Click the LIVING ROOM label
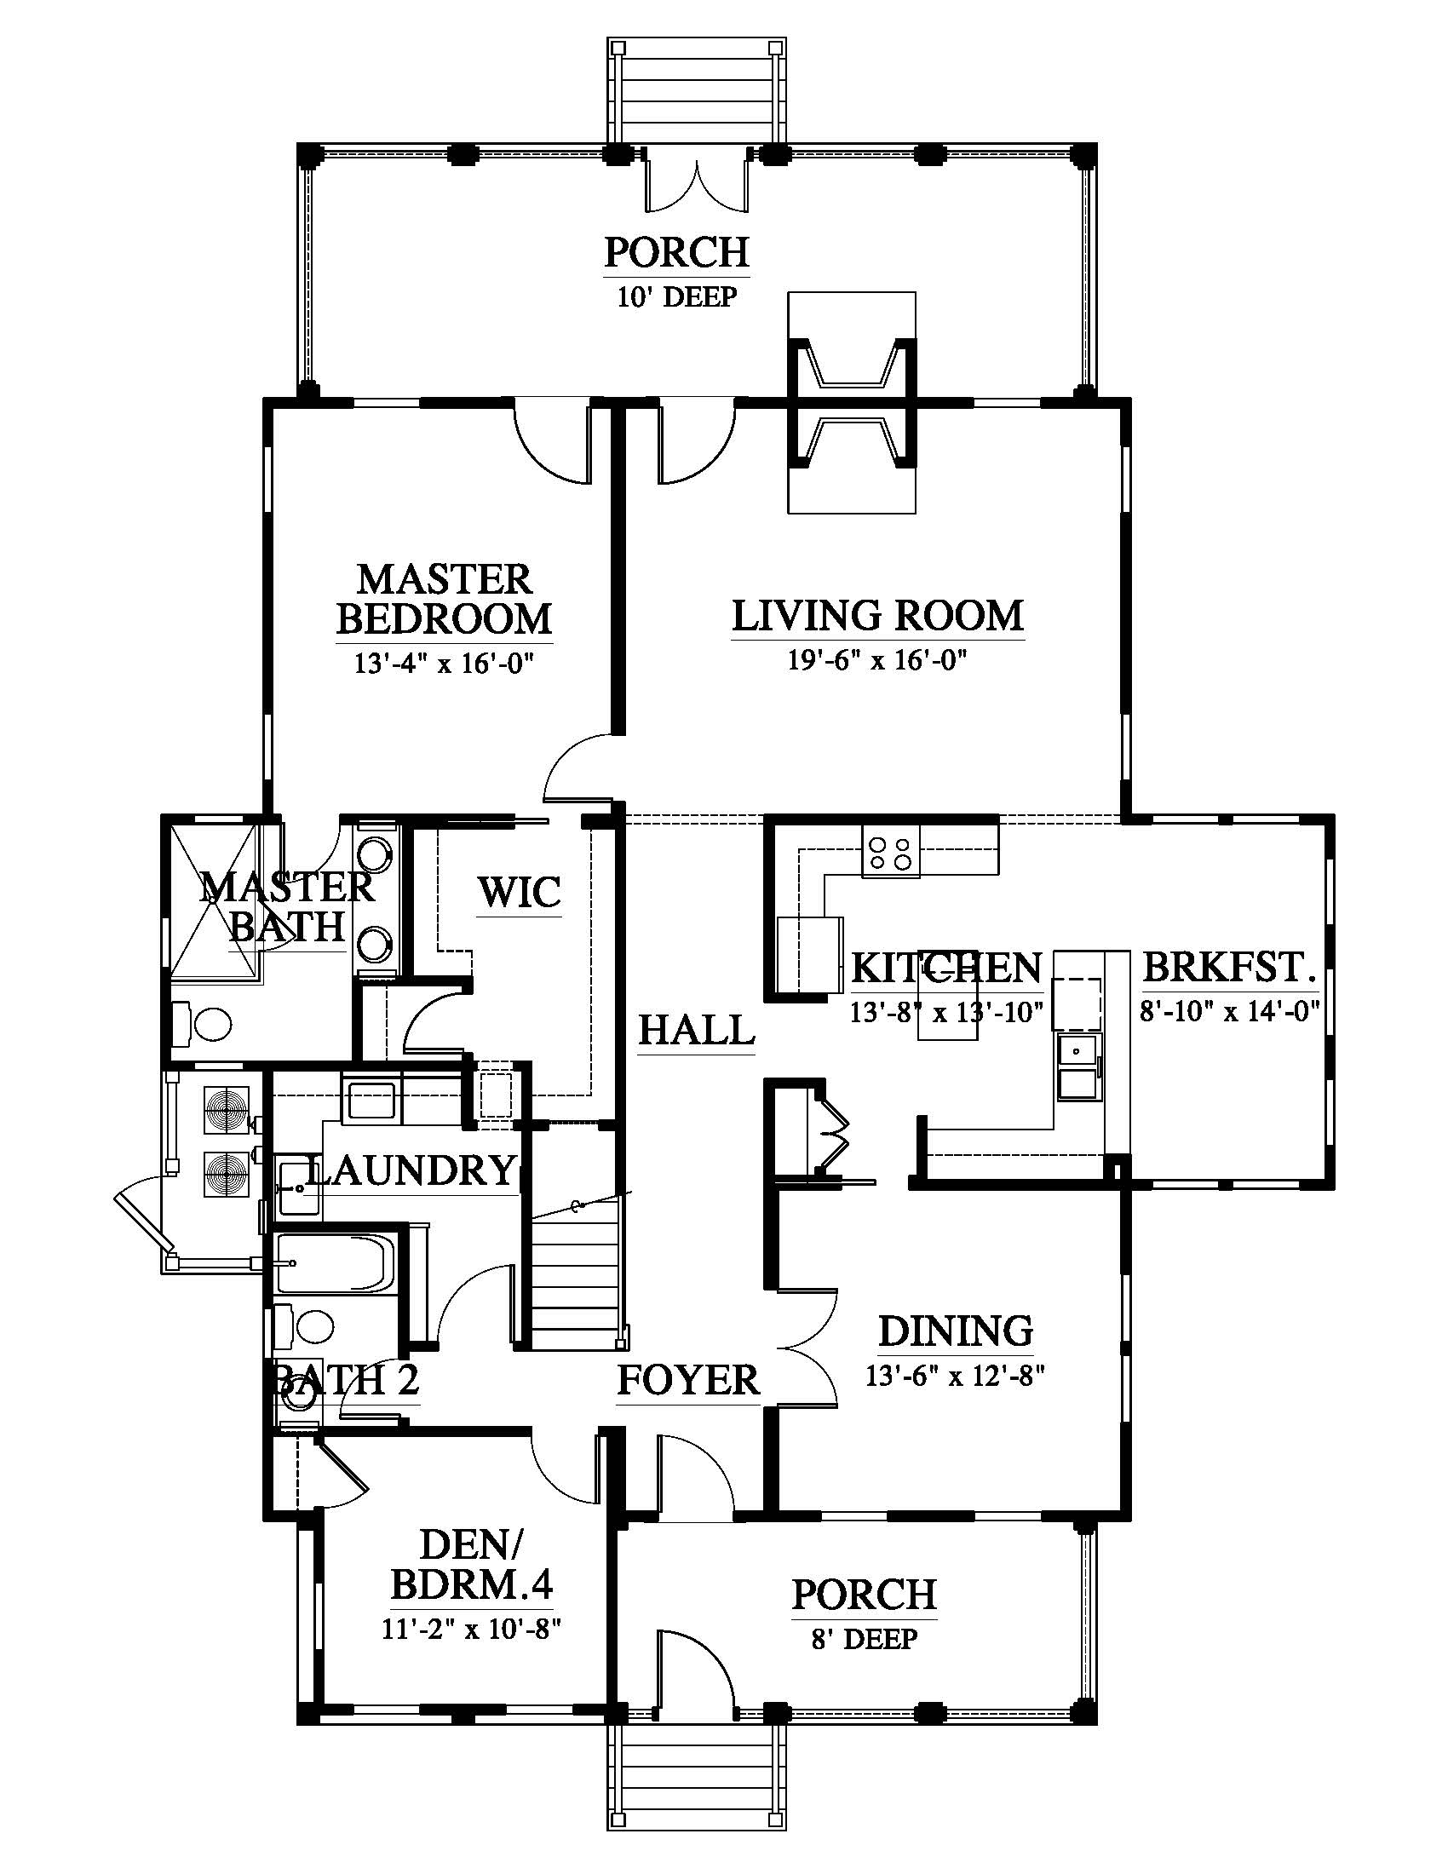pyautogui.click(x=877, y=616)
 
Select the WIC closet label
pyautogui.click(x=520, y=893)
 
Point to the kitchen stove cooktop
pyautogui.click(x=890, y=850)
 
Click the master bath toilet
pyautogui.click(x=206, y=1024)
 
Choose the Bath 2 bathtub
pyautogui.click(x=336, y=1263)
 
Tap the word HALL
pyautogui.click(x=697, y=1030)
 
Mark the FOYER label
pyautogui.click(x=688, y=1381)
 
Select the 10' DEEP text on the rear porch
pyautogui.click(x=677, y=298)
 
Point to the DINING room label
pyautogui.click(x=955, y=1331)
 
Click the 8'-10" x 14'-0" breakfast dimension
pyautogui.click(x=1228, y=1011)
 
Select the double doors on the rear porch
pyautogui.click(x=697, y=181)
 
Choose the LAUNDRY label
pyautogui.click(x=410, y=1170)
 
